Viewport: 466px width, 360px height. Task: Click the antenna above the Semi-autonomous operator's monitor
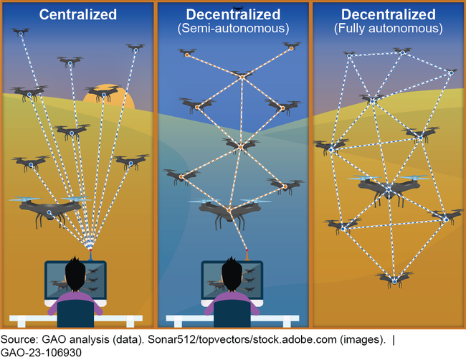[x=247, y=253]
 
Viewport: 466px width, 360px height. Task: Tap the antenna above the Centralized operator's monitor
[x=90, y=253]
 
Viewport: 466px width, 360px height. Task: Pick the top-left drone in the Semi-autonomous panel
[x=188, y=52]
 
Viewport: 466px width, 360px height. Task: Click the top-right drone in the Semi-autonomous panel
[x=291, y=47]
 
